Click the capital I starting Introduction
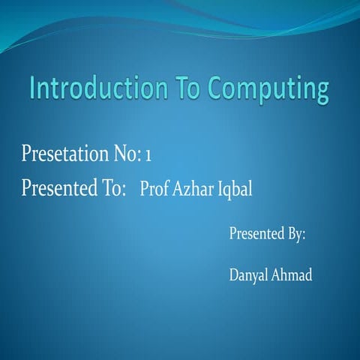tap(34, 88)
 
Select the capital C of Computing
tap(217, 89)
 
